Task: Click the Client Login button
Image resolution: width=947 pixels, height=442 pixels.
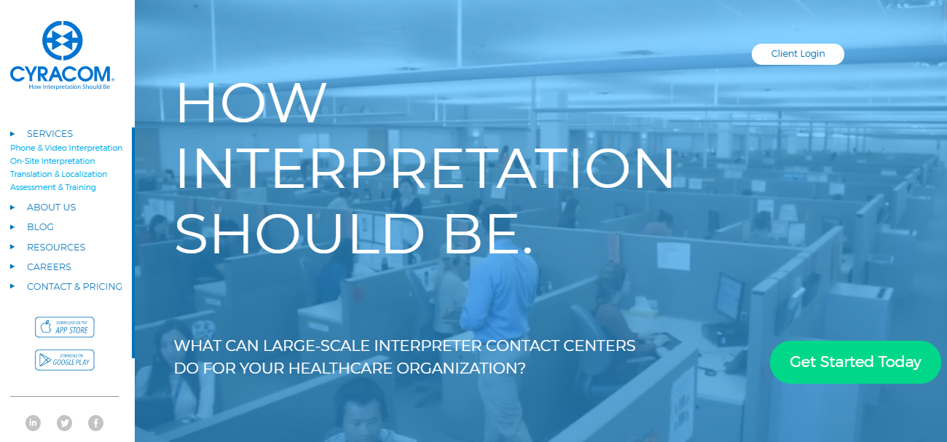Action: (x=798, y=54)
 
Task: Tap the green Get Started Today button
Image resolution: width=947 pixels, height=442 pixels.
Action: (x=855, y=362)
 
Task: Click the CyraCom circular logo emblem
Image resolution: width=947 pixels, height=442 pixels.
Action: (x=62, y=41)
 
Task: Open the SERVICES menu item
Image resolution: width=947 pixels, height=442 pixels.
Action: (x=50, y=134)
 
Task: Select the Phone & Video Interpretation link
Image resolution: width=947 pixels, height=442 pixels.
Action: (x=66, y=148)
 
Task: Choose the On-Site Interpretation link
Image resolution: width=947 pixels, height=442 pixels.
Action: (x=52, y=161)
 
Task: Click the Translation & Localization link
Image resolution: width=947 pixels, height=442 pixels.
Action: (x=58, y=174)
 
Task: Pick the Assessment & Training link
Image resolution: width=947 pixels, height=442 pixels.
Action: (x=53, y=187)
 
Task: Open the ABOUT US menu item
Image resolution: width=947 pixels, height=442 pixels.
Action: (x=51, y=208)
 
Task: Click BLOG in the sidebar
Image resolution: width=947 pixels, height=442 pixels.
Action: (x=40, y=227)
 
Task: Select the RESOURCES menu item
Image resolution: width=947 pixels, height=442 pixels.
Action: (x=56, y=247)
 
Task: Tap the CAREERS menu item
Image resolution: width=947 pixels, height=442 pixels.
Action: (x=49, y=267)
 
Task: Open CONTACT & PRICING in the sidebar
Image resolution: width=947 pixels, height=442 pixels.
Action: (x=74, y=287)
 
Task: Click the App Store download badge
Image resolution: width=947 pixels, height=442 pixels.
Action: (x=65, y=327)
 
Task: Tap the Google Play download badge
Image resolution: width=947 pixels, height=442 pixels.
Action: (x=65, y=360)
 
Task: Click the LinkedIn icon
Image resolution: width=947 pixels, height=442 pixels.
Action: (x=33, y=423)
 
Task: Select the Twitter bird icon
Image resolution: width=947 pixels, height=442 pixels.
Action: (x=64, y=423)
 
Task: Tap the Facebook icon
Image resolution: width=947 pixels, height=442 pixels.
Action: (x=95, y=423)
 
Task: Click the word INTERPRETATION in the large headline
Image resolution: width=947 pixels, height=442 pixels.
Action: (x=425, y=167)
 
